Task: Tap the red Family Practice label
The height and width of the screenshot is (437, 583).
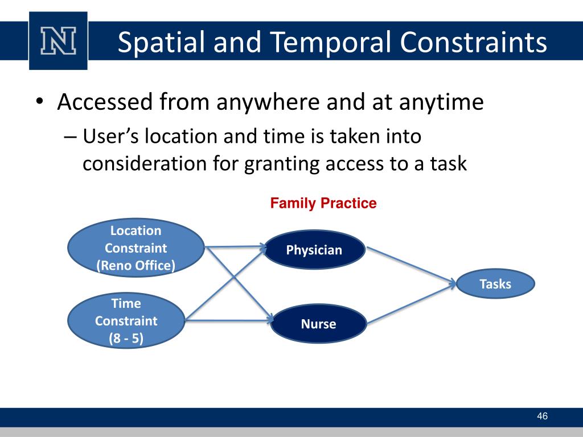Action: click(323, 203)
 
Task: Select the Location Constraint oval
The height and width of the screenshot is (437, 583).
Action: click(136, 248)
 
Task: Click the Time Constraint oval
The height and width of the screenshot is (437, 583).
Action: click(126, 320)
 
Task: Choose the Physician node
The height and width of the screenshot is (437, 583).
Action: click(314, 250)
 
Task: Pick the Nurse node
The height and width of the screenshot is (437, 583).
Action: click(318, 324)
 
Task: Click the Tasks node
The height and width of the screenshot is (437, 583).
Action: click(495, 284)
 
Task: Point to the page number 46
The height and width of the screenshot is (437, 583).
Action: click(542, 417)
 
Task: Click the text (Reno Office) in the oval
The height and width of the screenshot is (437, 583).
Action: click(136, 265)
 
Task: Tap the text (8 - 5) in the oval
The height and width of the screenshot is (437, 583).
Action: click(126, 339)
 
